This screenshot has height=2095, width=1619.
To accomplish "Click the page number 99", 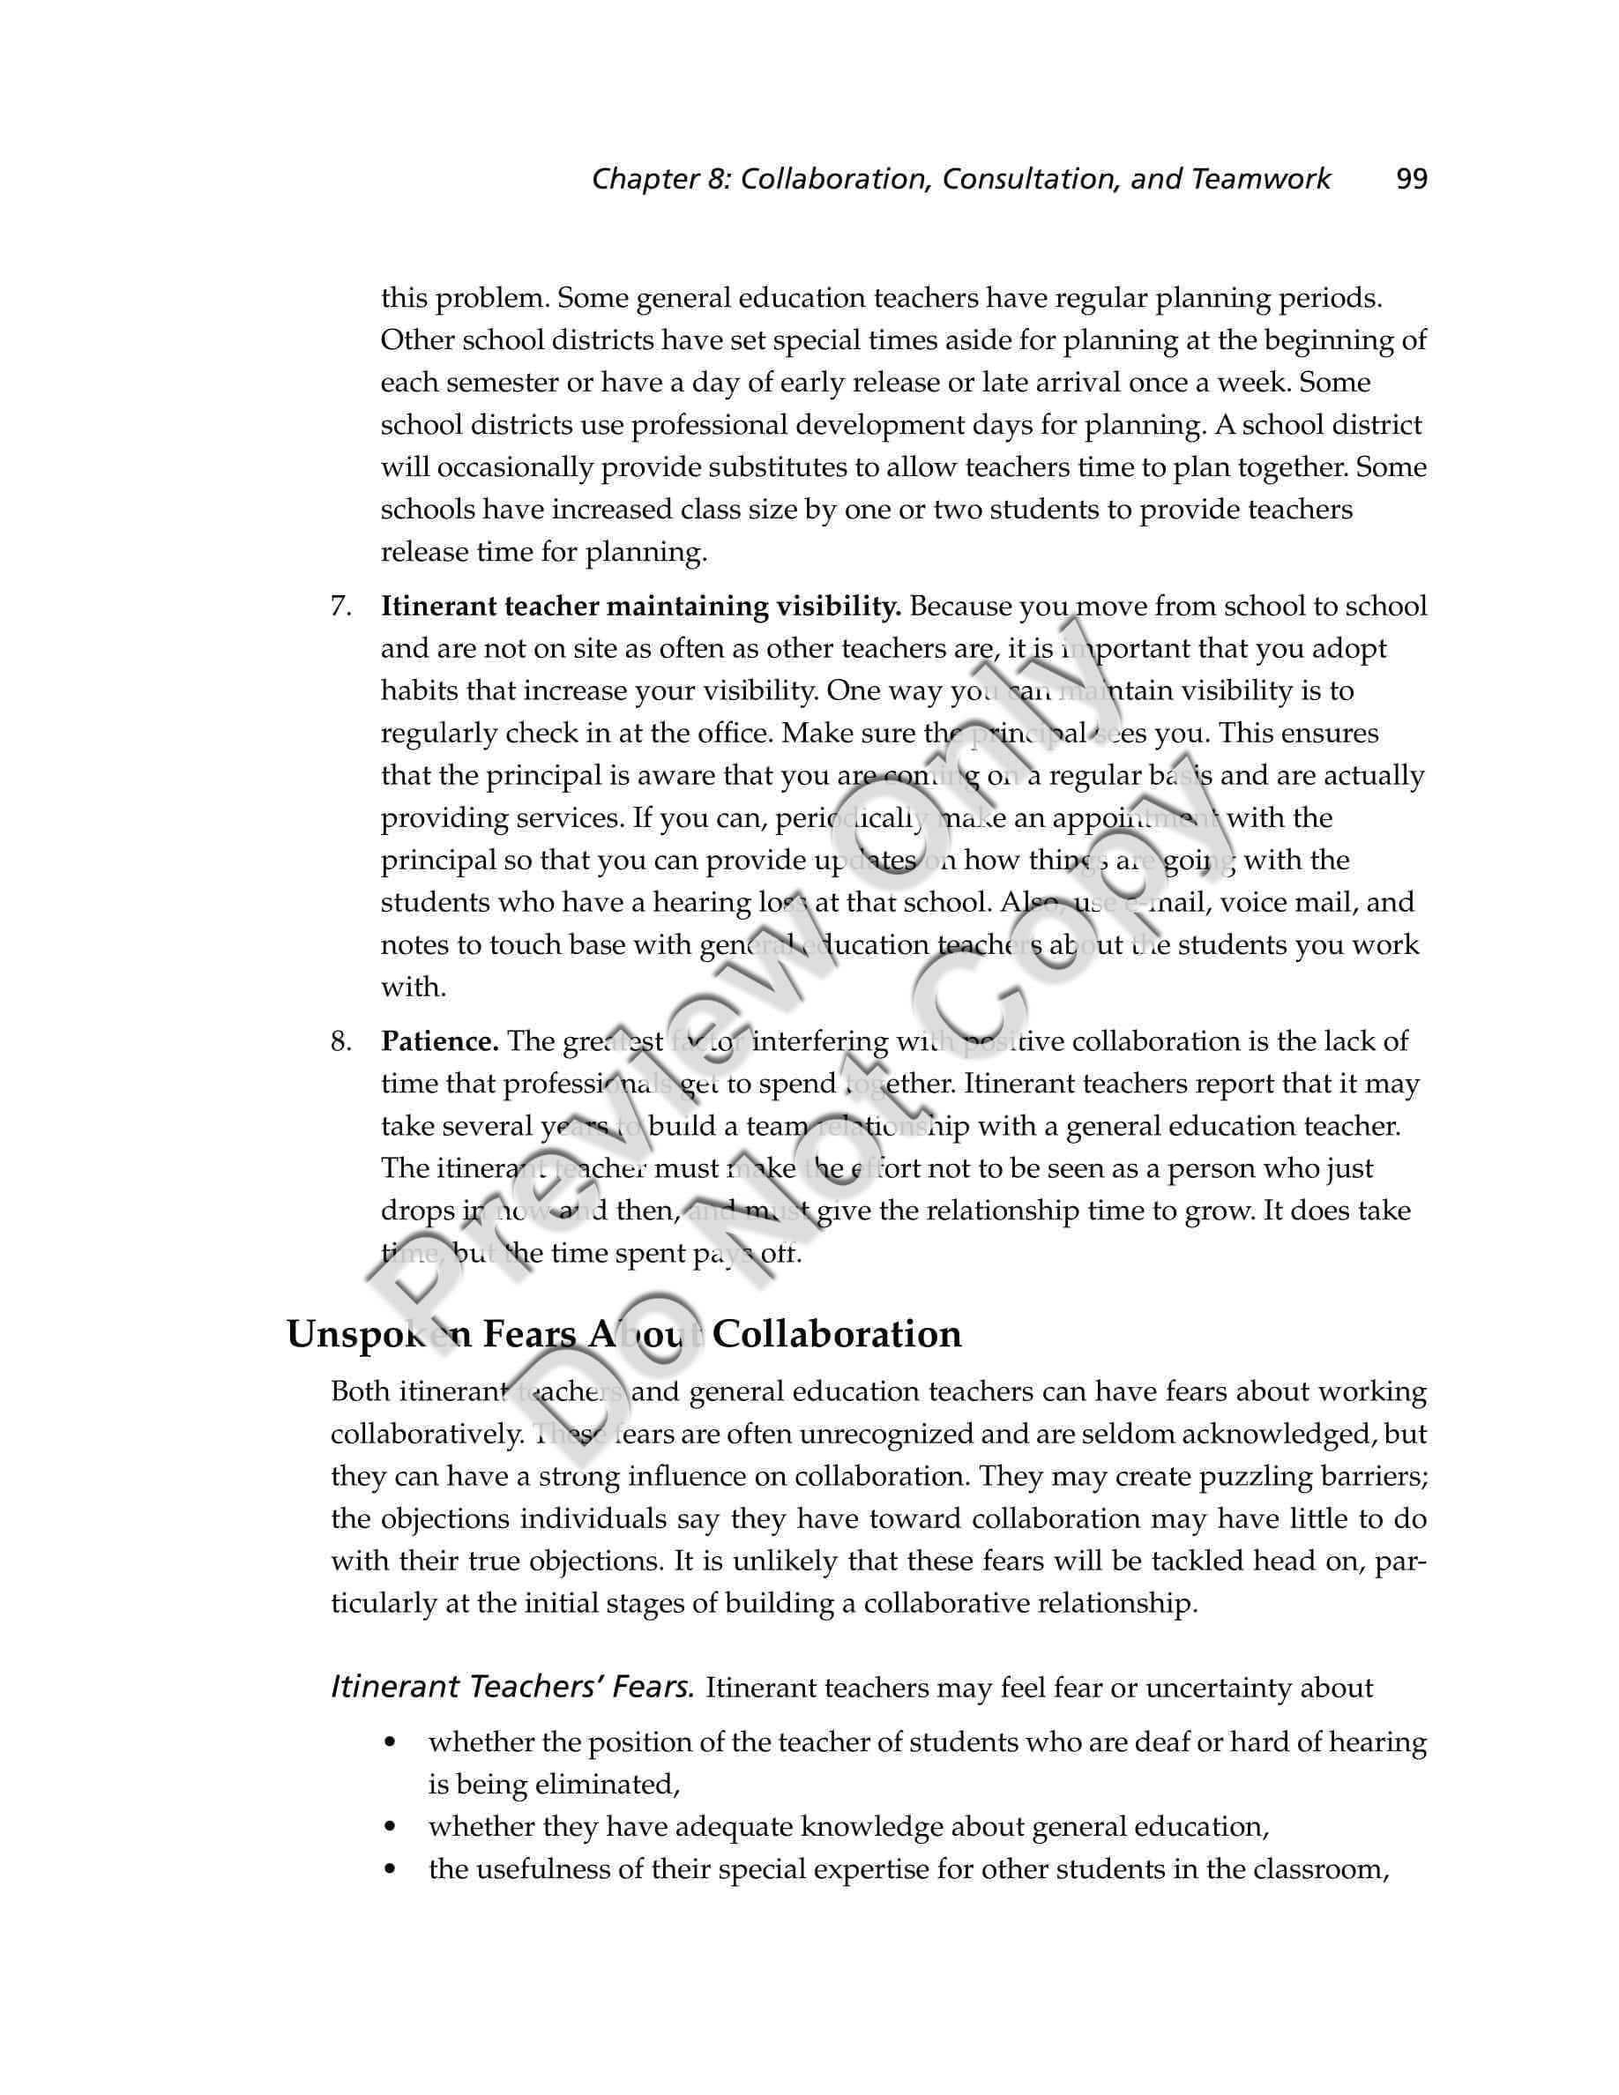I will pyautogui.click(x=1412, y=179).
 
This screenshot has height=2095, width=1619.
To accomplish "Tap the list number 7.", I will pyautogui.click(x=340, y=607).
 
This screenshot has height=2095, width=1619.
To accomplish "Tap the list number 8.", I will pyautogui.click(x=340, y=1040).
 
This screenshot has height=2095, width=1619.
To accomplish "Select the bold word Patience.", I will pyautogui.click(x=439, y=1040).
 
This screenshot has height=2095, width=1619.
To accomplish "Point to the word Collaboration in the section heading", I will pyautogui.click(x=836, y=1334).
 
